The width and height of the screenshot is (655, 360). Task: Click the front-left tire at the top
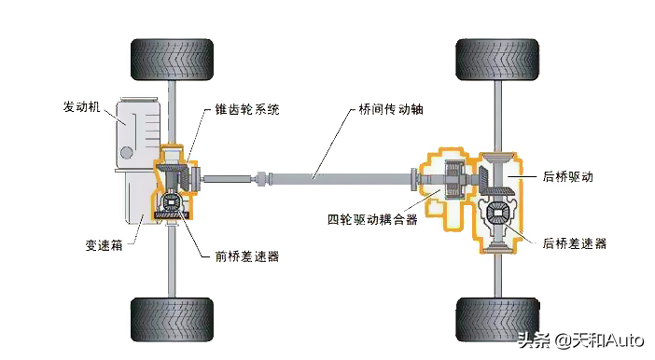pos(170,59)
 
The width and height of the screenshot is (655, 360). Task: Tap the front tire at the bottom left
pos(170,318)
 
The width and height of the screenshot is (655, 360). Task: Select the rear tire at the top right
pos(495,59)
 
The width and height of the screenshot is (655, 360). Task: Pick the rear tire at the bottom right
pos(495,318)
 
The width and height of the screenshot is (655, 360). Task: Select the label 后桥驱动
pos(568,175)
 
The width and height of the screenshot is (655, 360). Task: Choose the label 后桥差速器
pos(574,242)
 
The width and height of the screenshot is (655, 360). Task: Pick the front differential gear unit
pos(173,203)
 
